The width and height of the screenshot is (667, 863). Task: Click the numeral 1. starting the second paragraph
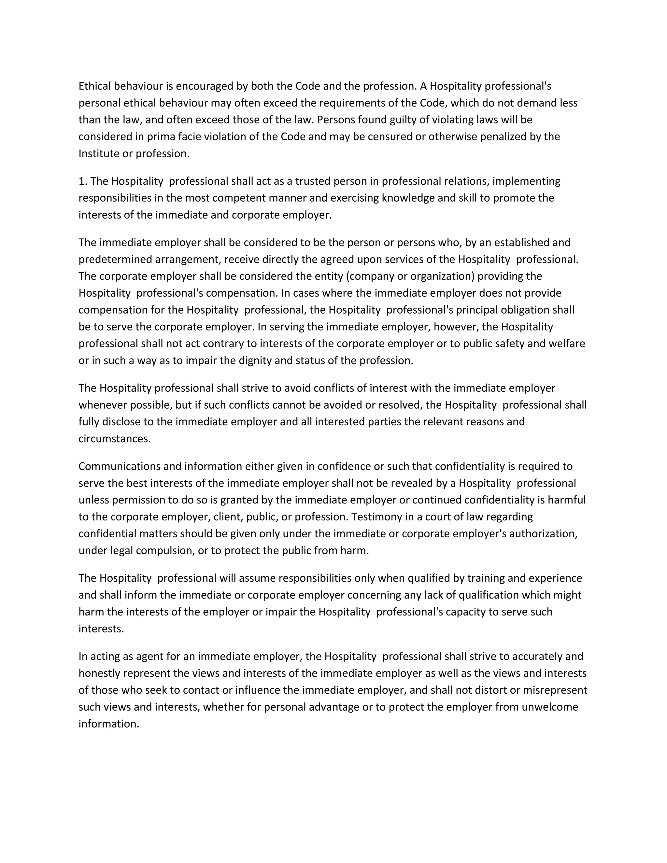83,181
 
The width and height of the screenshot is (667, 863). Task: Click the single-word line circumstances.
114,439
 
